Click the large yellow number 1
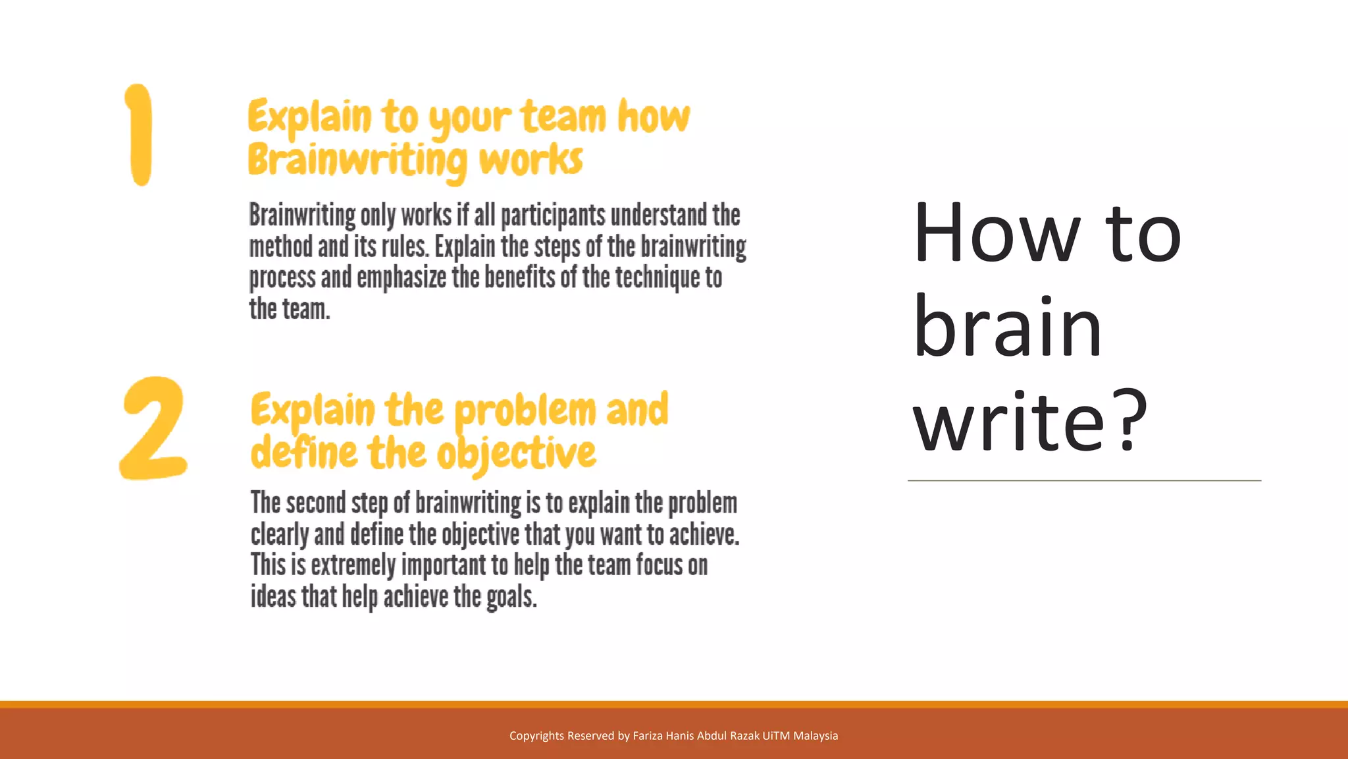(x=140, y=135)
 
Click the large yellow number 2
(x=153, y=428)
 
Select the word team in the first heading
(x=563, y=117)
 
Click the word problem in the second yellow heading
(x=525, y=410)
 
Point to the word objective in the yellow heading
(x=517, y=454)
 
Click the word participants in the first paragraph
(x=552, y=215)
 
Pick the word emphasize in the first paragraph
(x=402, y=278)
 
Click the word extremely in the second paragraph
(x=353, y=565)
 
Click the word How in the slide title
(x=997, y=234)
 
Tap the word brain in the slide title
(x=1007, y=327)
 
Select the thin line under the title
(x=1084, y=481)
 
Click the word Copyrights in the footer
(x=536, y=736)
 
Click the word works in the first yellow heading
(x=531, y=161)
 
